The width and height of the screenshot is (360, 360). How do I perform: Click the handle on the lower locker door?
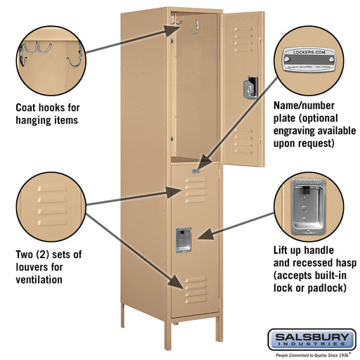184,240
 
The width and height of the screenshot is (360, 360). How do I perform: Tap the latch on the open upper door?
248,89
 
